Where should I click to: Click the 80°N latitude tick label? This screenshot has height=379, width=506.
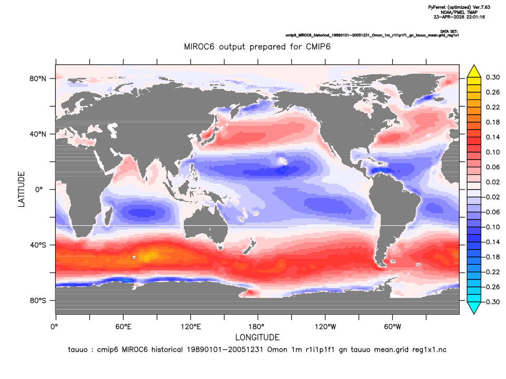[x=38, y=79]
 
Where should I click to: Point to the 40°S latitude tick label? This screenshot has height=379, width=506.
[x=38, y=245]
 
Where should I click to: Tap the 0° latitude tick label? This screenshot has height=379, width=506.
[x=39, y=189]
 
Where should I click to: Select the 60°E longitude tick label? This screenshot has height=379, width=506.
[x=123, y=327]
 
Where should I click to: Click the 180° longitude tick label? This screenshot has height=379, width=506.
[x=258, y=327]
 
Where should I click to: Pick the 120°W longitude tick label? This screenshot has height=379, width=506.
[x=325, y=327]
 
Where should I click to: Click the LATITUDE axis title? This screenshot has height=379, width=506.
[x=21, y=189]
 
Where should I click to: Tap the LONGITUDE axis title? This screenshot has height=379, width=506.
[x=257, y=337]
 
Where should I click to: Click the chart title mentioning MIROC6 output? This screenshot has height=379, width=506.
[x=257, y=47]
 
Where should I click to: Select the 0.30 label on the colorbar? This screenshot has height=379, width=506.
[x=493, y=77]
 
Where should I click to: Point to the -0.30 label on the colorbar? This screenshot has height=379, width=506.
[x=491, y=302]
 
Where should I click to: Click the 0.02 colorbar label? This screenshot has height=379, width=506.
[x=493, y=182]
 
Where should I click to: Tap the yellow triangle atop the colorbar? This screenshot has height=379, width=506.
[x=474, y=72]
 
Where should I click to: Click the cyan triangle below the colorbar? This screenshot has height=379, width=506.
[x=474, y=308]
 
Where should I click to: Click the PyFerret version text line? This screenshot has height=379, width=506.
[x=459, y=7]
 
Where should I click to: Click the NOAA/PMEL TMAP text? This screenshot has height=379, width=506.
[x=459, y=12]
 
